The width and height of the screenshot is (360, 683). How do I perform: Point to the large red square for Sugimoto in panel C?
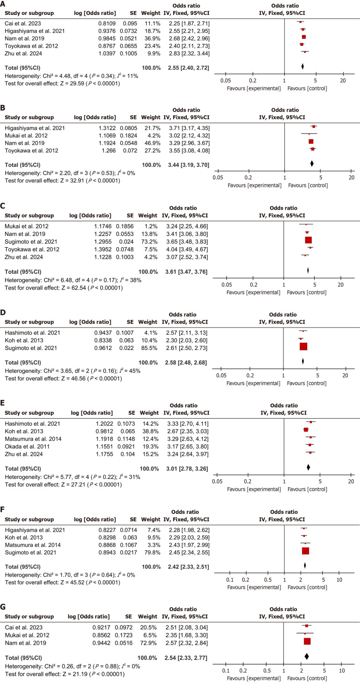tap(308, 240)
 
